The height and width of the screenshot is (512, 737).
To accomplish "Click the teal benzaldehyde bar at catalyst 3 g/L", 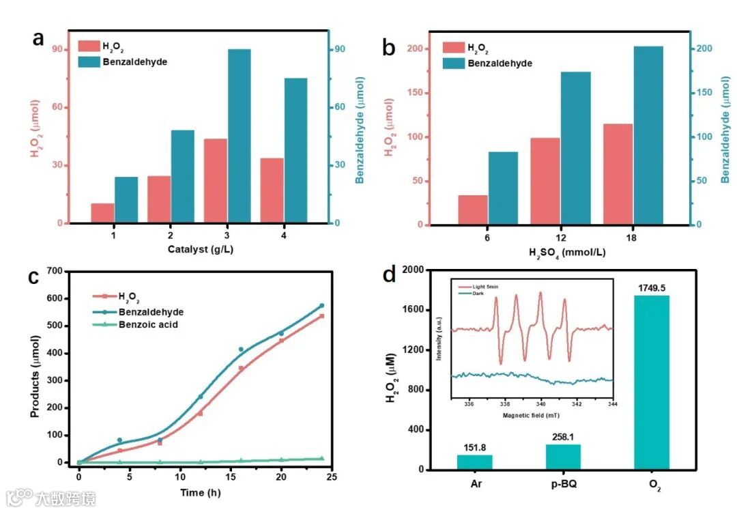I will coord(240,137).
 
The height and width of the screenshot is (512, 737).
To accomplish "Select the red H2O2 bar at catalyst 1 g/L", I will coord(102,213).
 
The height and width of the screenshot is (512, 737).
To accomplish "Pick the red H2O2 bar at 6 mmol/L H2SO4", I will coord(473,210).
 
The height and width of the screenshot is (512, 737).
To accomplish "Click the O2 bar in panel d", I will coord(651,382).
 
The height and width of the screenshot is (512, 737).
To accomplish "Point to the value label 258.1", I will coord(564,436).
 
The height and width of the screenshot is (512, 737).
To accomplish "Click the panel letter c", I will coord(33,279).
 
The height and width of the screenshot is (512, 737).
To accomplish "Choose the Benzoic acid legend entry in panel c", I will coord(147,325).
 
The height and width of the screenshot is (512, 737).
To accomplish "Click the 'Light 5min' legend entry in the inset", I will coord(486,287).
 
